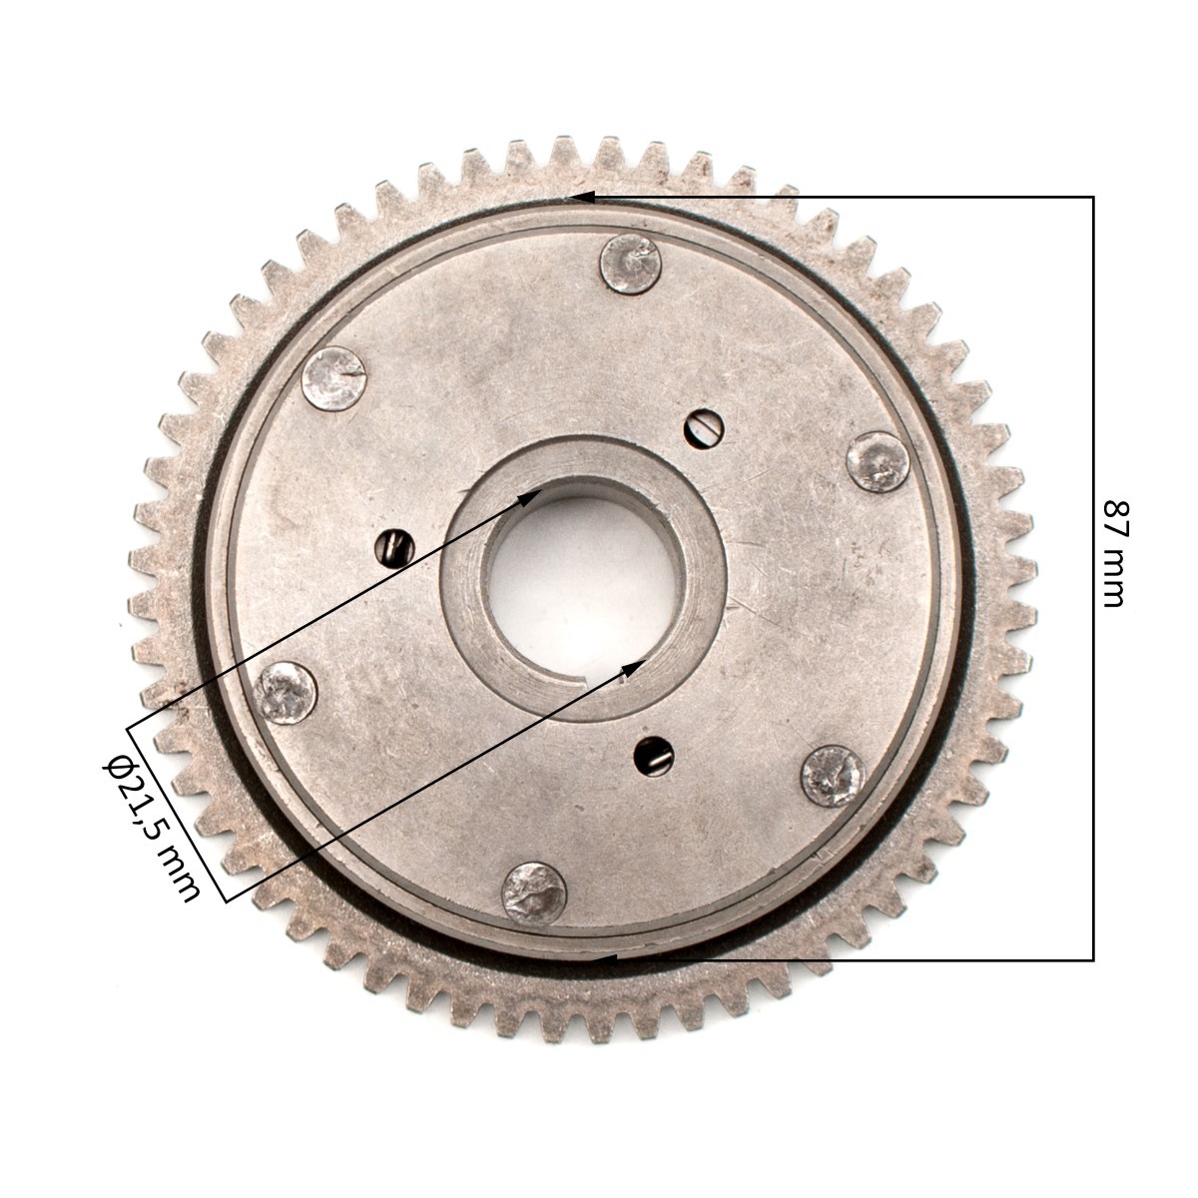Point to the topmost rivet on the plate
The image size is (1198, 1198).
(x=630, y=265)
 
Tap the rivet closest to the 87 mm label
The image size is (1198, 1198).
(x=878, y=462)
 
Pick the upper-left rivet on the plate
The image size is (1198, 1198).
(x=333, y=379)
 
